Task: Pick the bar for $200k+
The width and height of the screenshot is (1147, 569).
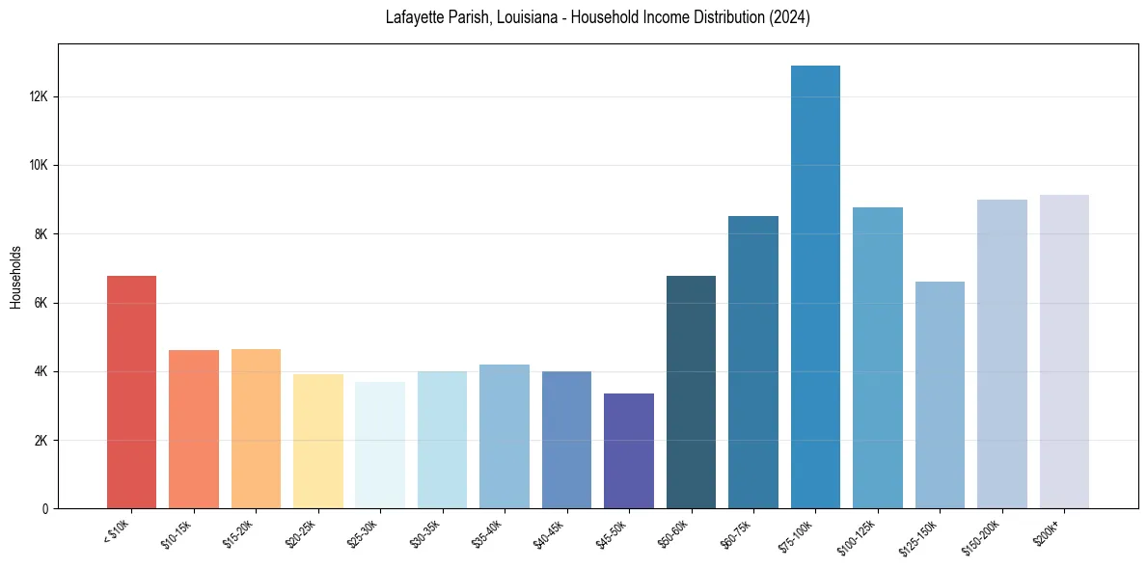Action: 1064,352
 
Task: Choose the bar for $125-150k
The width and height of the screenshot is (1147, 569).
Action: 940,395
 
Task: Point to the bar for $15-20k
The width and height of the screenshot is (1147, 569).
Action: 256,429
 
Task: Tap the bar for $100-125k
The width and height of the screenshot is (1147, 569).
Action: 878,358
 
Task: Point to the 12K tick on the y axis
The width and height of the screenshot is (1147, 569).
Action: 40,96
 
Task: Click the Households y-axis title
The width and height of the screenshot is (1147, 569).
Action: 15,277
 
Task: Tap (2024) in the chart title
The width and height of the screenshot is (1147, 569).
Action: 789,18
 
